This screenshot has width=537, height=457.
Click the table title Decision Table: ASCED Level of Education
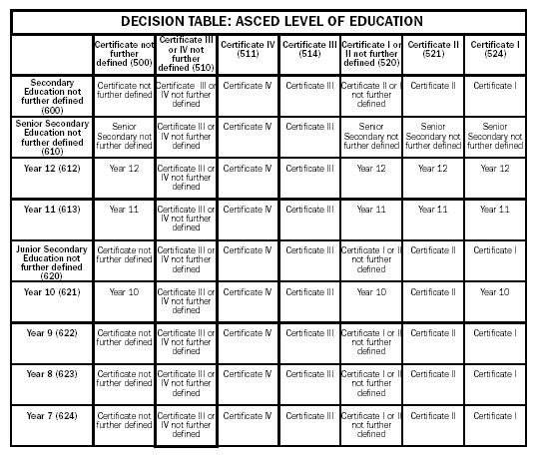coord(270,21)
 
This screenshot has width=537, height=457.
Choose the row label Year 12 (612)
coord(52,168)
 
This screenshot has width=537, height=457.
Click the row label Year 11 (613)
coord(52,210)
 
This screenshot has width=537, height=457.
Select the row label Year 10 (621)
coord(52,291)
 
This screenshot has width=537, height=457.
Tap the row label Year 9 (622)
coord(52,332)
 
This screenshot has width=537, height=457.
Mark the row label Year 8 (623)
coord(52,374)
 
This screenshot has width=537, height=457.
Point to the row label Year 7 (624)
coord(52,415)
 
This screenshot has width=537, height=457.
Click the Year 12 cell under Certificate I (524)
coord(494,169)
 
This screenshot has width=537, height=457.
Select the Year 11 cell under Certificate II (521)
coord(432,210)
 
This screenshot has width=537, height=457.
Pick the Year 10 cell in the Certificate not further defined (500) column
coord(124,292)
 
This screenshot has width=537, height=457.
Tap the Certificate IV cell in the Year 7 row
coord(248,416)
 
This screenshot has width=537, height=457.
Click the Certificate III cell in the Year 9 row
coord(309,333)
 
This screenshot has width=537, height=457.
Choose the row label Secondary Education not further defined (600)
coord(52,95)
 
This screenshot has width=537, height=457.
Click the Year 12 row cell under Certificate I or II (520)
coord(370,169)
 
